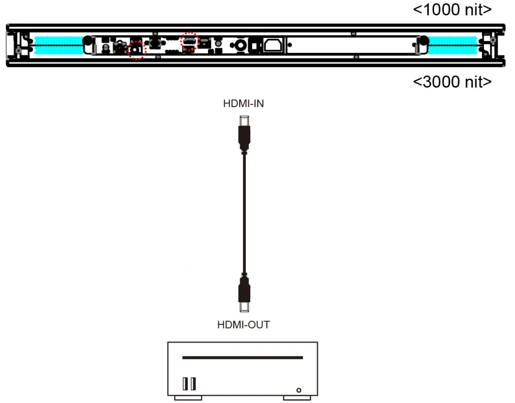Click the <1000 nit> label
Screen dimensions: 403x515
[452, 9]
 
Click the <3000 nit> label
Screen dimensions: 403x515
[452, 81]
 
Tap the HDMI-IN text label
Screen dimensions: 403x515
[244, 104]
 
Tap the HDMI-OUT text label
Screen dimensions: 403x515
[244, 325]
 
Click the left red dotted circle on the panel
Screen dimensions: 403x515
[137, 50]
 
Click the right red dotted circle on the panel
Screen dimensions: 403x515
[190, 42]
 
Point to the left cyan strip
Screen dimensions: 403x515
[55, 45]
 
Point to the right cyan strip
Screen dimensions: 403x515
[452, 45]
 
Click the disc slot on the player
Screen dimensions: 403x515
[243, 358]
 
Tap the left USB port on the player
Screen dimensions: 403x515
[185, 384]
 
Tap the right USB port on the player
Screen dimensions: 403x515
[193, 384]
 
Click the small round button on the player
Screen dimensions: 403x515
[298, 390]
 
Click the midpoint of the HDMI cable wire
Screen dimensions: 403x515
[244, 213]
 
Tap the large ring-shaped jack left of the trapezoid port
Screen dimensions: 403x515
[240, 45]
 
